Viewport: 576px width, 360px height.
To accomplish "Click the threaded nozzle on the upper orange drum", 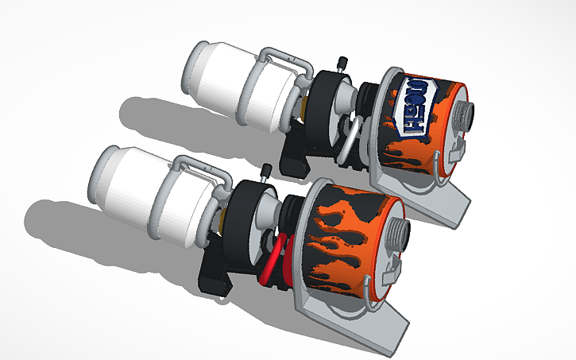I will (x=465, y=118).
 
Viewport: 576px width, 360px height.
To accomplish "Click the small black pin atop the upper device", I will (x=343, y=63).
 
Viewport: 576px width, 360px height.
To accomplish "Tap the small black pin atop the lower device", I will (x=268, y=170).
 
